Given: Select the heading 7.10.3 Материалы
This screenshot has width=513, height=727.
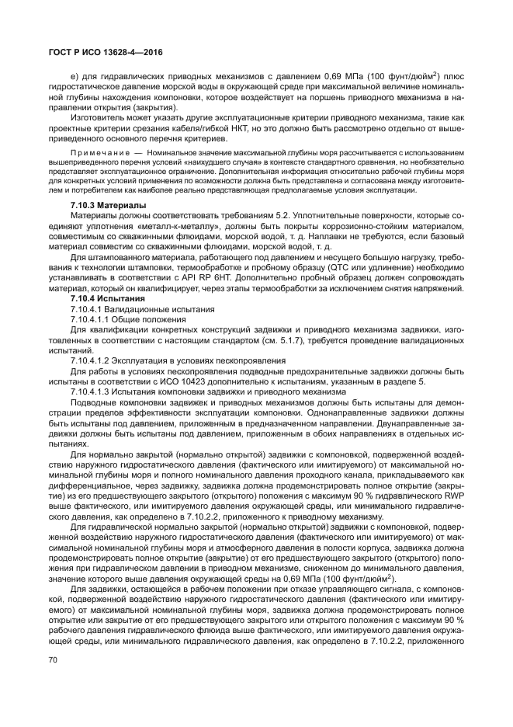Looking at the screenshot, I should click(102, 205).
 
